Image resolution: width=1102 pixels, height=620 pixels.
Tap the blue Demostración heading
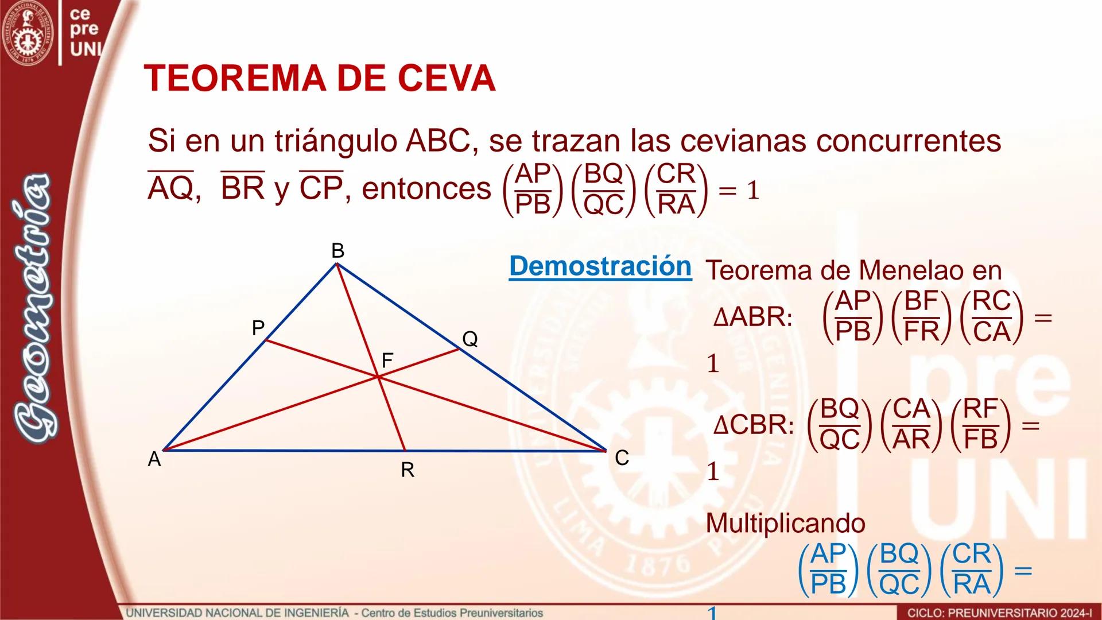pyautogui.click(x=600, y=266)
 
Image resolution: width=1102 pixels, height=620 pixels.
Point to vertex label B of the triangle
pyautogui.click(x=337, y=251)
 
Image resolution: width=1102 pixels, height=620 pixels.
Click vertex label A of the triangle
pyautogui.click(x=154, y=459)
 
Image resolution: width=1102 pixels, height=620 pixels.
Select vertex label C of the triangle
pyautogui.click(x=622, y=458)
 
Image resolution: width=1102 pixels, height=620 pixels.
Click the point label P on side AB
pyautogui.click(x=258, y=328)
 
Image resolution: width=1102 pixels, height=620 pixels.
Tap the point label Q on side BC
pyautogui.click(x=469, y=339)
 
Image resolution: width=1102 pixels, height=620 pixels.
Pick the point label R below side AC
pyautogui.click(x=408, y=470)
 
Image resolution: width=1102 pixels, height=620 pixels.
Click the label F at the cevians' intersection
pyautogui.click(x=387, y=361)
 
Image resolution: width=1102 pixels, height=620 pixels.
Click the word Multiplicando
pyautogui.click(x=785, y=523)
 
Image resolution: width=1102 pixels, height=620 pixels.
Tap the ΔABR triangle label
pyautogui.click(x=752, y=317)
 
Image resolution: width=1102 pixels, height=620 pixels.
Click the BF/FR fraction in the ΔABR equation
pyautogui.click(x=921, y=316)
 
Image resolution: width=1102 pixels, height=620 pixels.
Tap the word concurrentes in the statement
pyautogui.click(x=909, y=141)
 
